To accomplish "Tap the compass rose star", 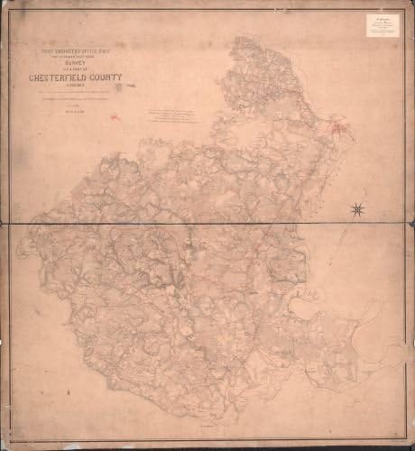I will [x=358, y=210].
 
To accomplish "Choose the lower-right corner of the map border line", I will [x=407, y=441].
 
